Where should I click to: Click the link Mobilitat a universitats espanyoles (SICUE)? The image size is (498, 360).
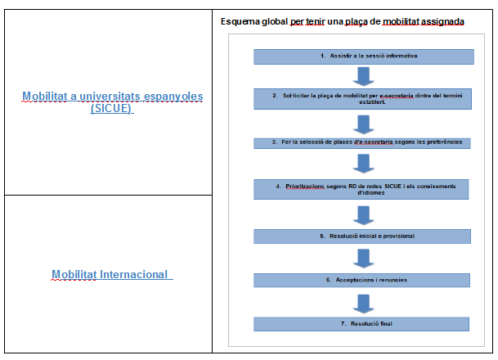tap(113, 102)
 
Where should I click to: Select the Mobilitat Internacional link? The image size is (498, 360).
tap(110, 275)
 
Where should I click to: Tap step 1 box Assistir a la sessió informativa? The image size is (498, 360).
tap(363, 56)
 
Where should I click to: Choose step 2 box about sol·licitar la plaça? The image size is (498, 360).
tap(363, 100)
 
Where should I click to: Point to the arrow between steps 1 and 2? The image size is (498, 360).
tap(362, 76)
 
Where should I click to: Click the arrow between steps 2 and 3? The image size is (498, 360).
tap(362, 124)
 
